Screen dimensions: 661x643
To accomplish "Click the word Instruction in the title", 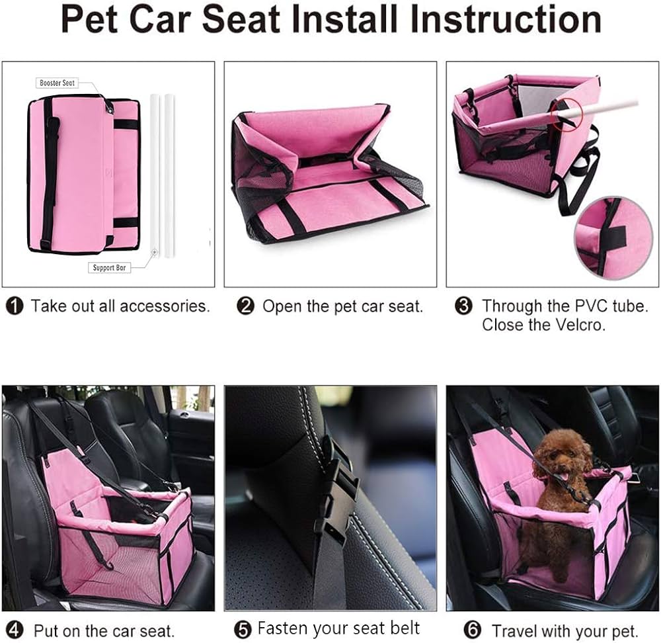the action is point(505,19).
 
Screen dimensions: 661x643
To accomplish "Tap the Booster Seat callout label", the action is point(57,83).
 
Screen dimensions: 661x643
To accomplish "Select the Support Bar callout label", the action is point(109,268).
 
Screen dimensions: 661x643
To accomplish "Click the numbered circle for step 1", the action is point(15,306).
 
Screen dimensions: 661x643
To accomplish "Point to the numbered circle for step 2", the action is point(245,306).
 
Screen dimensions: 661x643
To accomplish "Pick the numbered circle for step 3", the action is point(464,306).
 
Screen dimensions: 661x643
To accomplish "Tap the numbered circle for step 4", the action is point(15,630).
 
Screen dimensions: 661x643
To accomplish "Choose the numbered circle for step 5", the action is point(243,630).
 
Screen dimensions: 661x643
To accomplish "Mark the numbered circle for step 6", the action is point(472,630).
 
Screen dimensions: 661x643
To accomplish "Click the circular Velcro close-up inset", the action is point(613,238).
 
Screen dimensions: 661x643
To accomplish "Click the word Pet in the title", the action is point(89,19).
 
